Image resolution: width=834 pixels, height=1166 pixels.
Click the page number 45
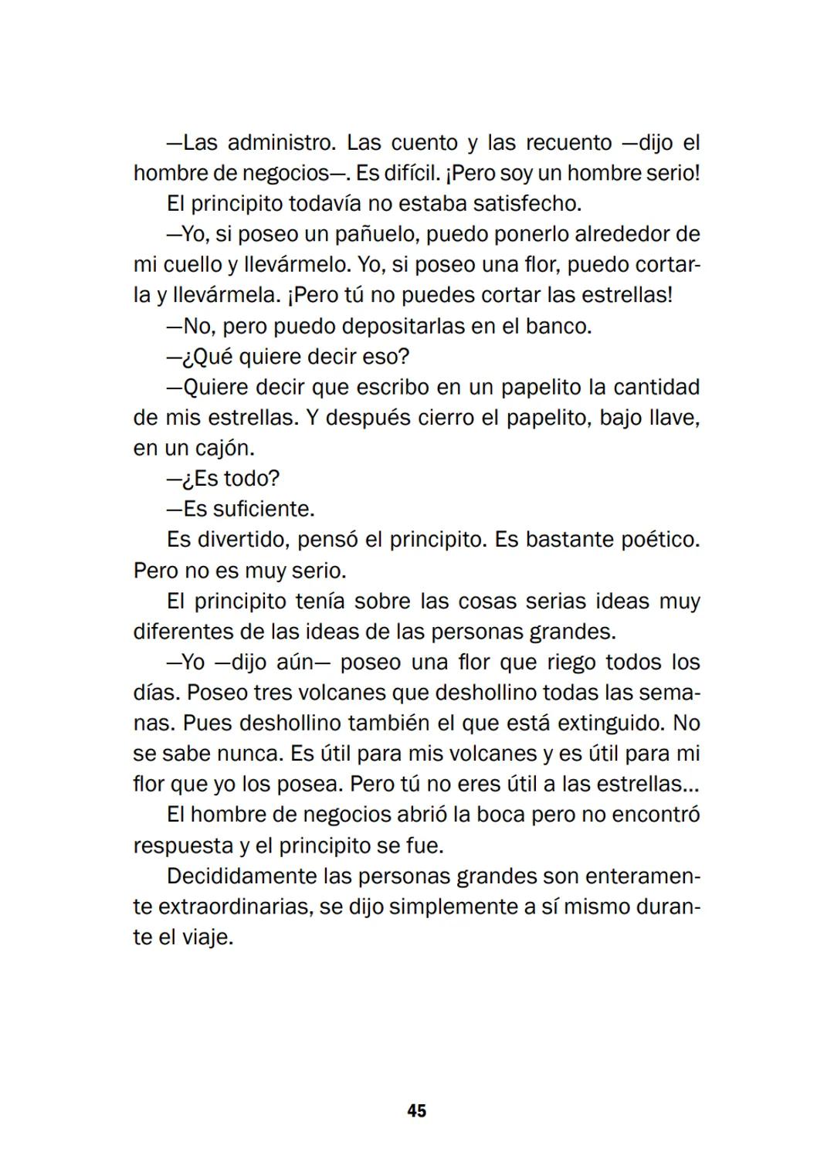[416, 1110]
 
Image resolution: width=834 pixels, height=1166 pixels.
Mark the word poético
[660, 540]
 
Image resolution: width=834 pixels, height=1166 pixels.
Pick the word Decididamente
[242, 876]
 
